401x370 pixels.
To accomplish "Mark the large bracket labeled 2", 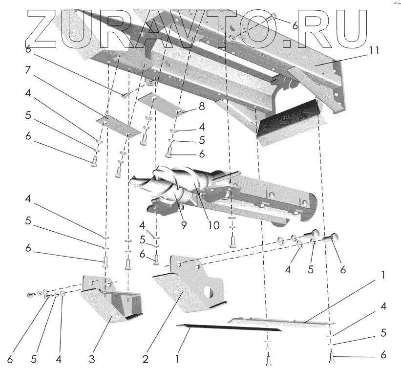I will pyautogui.click(x=188, y=288).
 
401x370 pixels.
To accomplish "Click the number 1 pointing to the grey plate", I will pyautogui.click(x=384, y=275).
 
